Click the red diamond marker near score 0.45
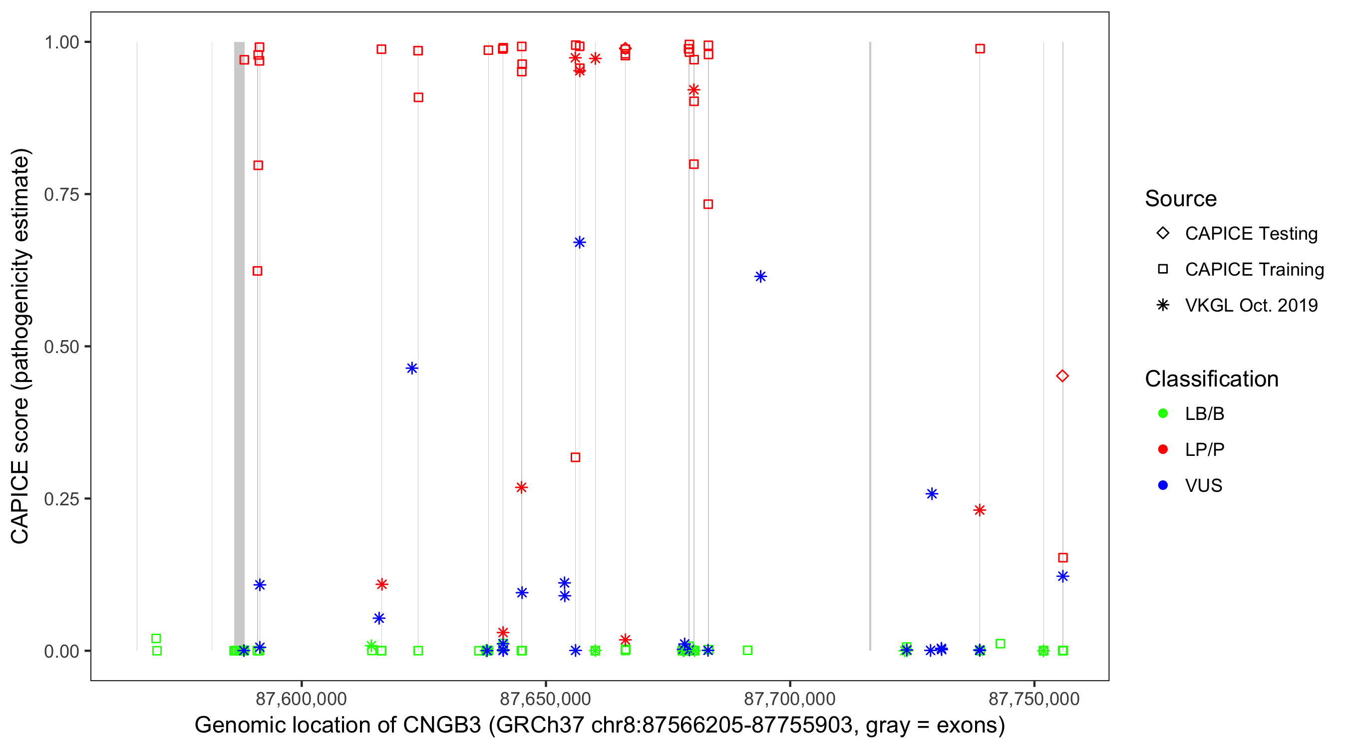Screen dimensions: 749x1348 coord(1062,376)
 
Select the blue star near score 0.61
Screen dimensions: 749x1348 coord(760,276)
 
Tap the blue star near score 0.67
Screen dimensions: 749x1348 coord(579,242)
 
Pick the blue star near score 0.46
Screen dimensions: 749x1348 coord(412,369)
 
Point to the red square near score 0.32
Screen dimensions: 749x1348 coord(575,457)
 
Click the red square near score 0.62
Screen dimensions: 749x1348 coord(258,271)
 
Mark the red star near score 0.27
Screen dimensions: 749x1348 coord(521,487)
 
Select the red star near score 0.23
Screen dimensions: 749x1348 coord(980,510)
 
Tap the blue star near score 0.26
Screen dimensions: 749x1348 coord(932,493)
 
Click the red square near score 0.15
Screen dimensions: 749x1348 coord(1063,558)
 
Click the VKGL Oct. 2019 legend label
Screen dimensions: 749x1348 coord(1251,305)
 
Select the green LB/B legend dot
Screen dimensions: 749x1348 coord(1163,413)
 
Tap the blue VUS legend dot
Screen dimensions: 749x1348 coord(1163,485)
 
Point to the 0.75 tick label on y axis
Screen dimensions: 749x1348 coord(61,195)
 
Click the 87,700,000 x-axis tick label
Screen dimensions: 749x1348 coord(789,699)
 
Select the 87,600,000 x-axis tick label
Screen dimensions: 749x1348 coord(301,699)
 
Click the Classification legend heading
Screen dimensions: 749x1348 coord(1211,379)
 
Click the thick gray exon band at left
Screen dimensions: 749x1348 coord(239,346)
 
